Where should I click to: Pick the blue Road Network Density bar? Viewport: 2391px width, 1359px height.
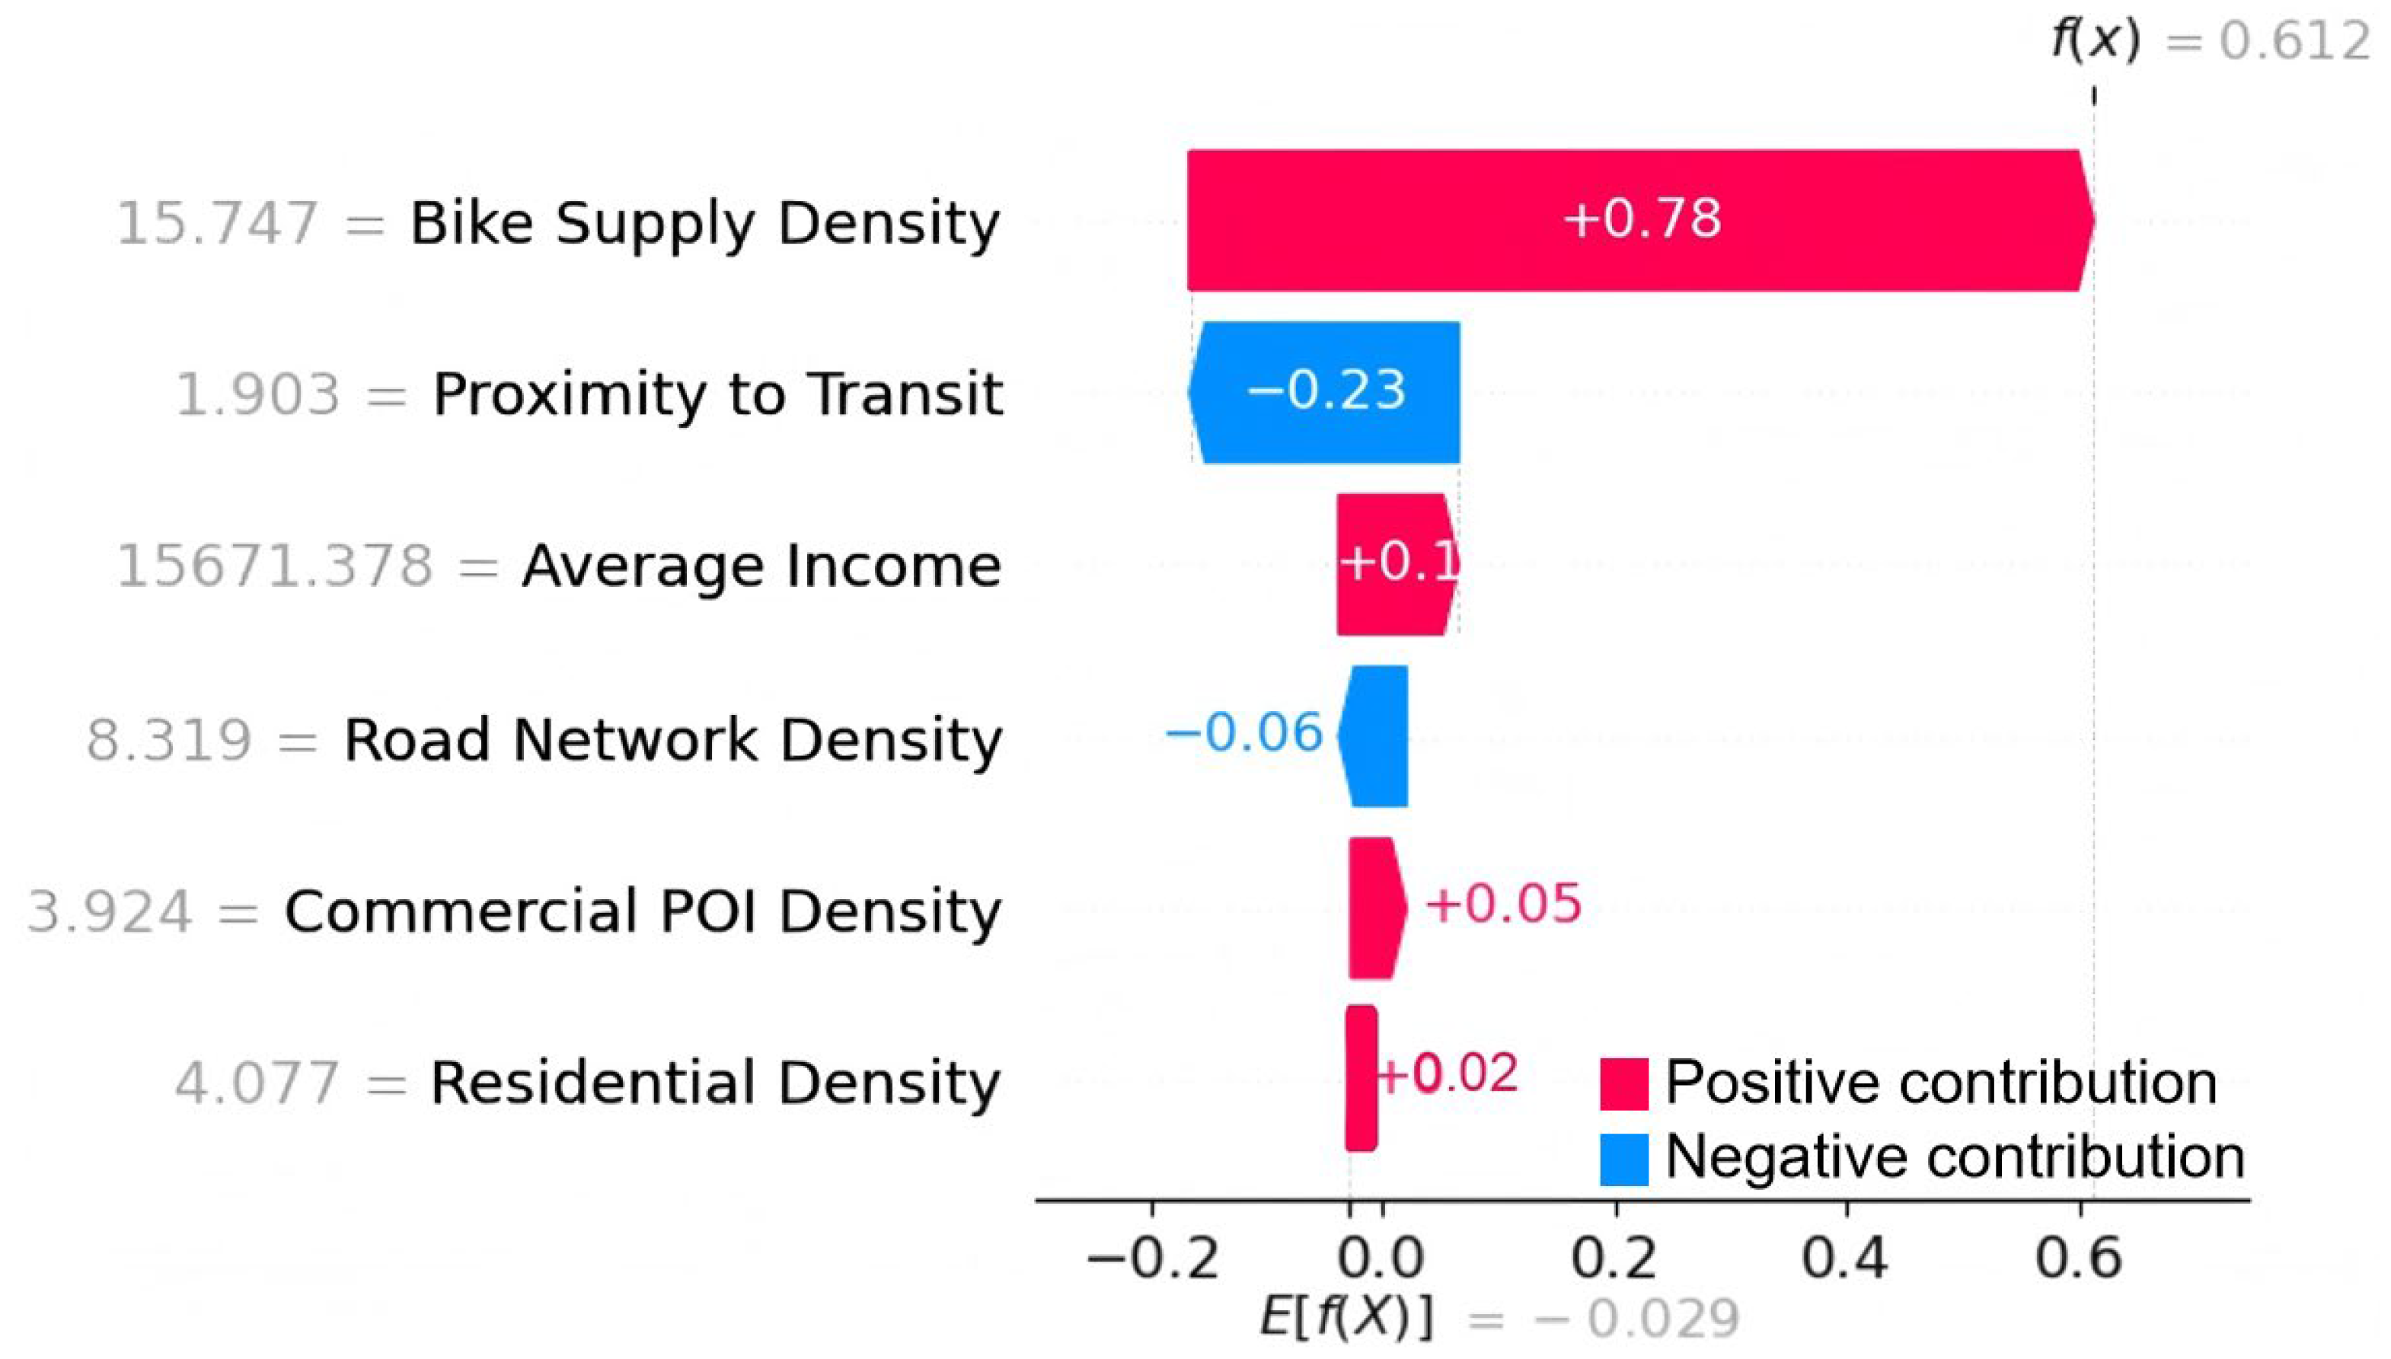[x=1376, y=735]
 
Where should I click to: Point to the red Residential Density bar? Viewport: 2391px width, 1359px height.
[x=1361, y=1078]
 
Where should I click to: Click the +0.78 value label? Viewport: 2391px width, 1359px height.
[x=1642, y=219]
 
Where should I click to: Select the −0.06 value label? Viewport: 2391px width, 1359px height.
[x=1244, y=732]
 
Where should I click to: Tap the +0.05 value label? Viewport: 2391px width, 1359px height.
[x=1502, y=904]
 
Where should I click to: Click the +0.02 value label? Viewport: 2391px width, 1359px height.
[x=1447, y=1073]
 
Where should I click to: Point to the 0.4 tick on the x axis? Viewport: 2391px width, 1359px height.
[x=1846, y=1257]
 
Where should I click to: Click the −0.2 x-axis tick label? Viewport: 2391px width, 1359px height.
[x=1153, y=1257]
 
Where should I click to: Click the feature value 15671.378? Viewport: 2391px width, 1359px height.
[x=274, y=566]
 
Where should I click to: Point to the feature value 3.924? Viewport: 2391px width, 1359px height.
[x=110, y=911]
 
